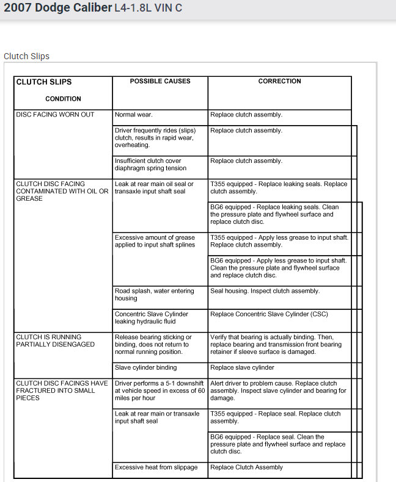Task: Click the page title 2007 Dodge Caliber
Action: pos(57,9)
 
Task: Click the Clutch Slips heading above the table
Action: pos(26,56)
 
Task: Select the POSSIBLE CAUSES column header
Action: pos(160,81)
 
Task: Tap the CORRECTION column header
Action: pos(279,81)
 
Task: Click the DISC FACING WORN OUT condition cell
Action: pos(55,115)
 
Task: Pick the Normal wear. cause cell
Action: pos(134,115)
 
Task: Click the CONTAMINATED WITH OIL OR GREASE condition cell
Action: pos(62,191)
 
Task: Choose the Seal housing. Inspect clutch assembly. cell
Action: pos(265,291)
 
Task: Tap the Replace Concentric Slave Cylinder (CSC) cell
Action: pos(272,314)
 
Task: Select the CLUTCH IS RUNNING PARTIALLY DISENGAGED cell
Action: pos(56,340)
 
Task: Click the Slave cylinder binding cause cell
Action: pos(145,368)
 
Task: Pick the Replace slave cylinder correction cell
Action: pos(242,368)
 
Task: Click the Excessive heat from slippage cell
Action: pos(156,467)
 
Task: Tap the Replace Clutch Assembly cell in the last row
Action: pos(246,467)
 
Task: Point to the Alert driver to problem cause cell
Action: pos(278,390)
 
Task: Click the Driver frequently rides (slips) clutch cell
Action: pos(155,138)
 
